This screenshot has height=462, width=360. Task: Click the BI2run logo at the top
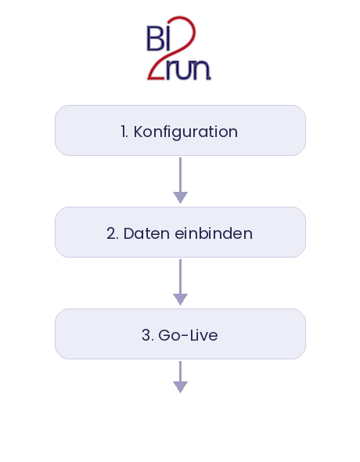coord(179,48)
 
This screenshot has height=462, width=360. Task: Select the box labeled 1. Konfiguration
coord(180,131)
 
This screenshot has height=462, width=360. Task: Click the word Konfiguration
coord(185,132)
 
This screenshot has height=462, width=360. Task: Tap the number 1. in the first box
coord(124,132)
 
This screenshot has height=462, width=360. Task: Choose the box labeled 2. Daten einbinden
coord(180,233)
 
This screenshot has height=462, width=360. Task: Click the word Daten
coord(144,233)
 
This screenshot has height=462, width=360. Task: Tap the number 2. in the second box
coord(112,233)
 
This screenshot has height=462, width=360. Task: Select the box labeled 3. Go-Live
coord(180,334)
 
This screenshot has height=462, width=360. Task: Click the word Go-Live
coord(188,335)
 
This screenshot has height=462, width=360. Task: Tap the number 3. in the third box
coord(147,335)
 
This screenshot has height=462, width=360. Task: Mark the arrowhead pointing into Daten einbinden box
coord(180,197)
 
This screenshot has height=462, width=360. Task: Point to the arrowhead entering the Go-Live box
coord(180,299)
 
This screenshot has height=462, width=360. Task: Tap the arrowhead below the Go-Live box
coord(180,386)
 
